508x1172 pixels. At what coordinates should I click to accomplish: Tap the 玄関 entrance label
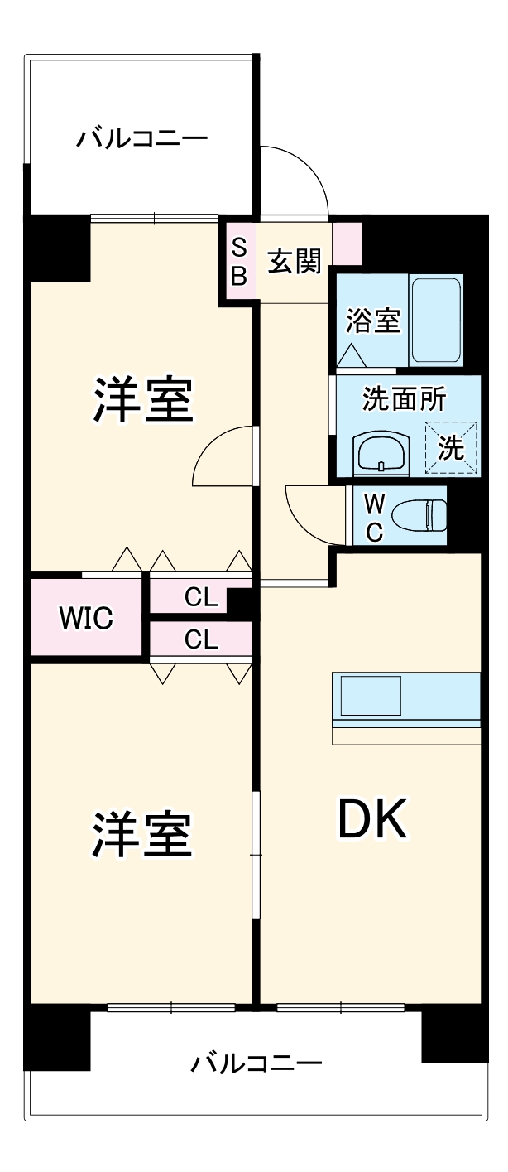tap(294, 263)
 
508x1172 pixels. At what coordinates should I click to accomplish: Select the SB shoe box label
tap(238, 263)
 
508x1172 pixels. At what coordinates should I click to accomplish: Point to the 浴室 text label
tap(373, 321)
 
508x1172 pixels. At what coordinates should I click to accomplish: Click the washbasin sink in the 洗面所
tap(380, 453)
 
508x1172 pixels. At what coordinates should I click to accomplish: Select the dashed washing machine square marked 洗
tap(452, 448)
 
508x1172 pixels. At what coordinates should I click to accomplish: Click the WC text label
tap(374, 517)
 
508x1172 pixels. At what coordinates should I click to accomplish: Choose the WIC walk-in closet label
tap(85, 618)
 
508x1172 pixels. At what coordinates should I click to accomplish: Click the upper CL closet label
tap(201, 597)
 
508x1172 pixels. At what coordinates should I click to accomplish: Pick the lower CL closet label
tap(201, 639)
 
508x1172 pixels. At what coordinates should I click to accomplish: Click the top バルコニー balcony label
tap(141, 137)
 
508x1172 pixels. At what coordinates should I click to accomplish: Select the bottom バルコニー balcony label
tap(256, 1063)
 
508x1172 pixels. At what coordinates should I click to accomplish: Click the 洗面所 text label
tap(404, 399)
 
